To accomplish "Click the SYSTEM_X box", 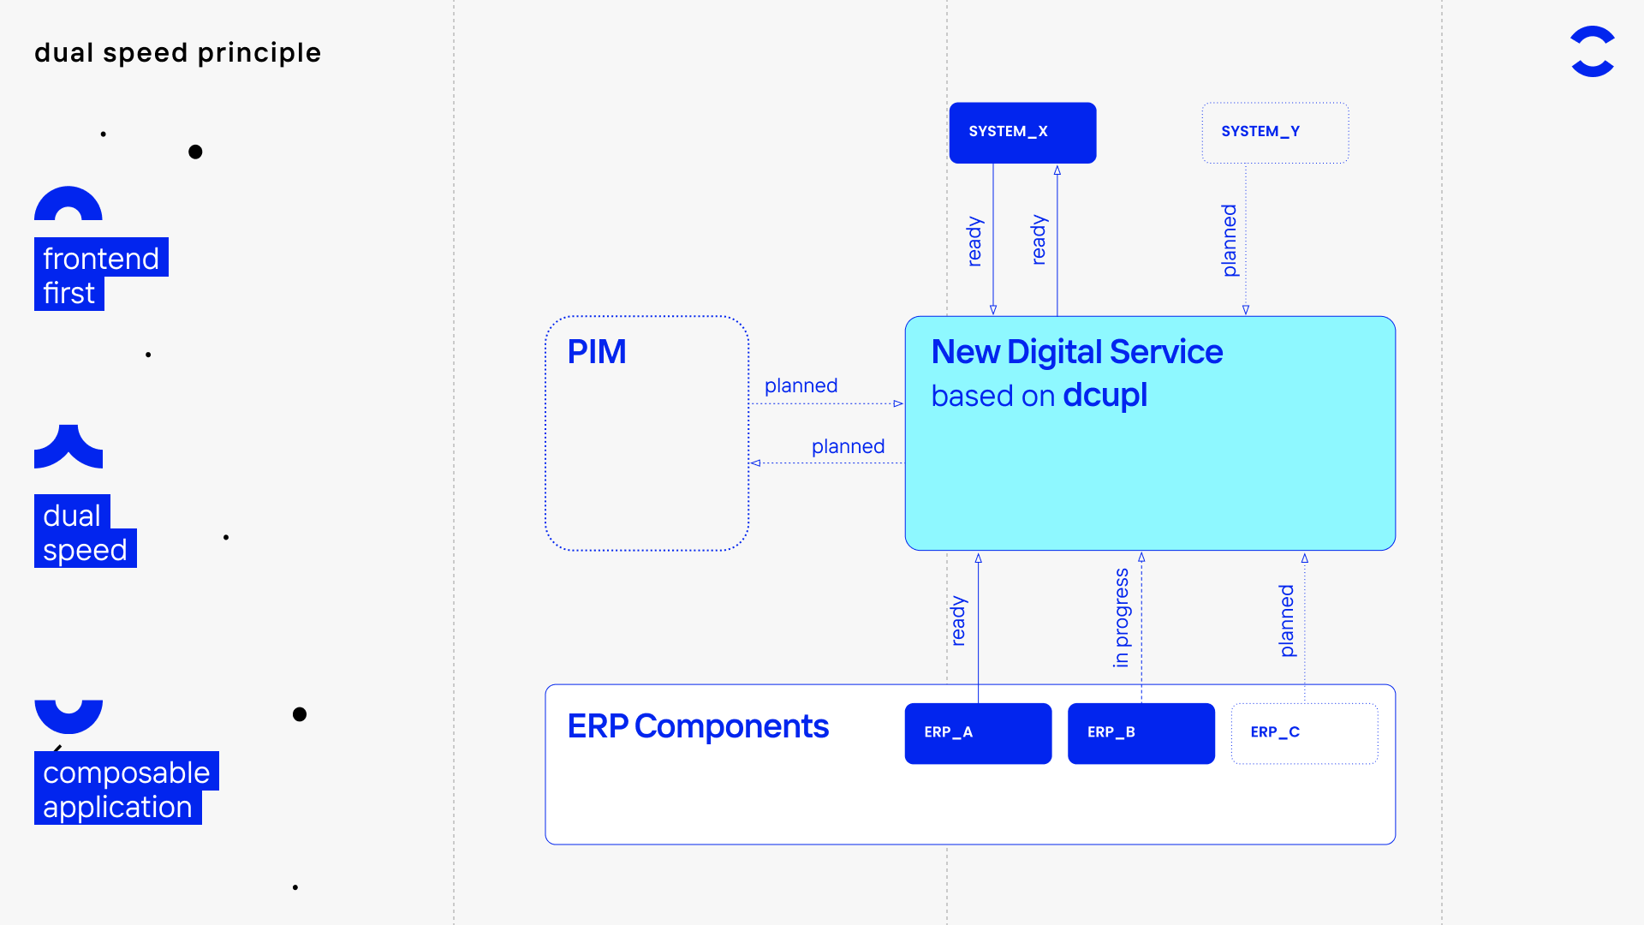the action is point(1022,133).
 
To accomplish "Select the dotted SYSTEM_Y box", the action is point(1275,133).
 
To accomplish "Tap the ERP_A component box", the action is point(978,733).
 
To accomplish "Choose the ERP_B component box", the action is point(1141,733).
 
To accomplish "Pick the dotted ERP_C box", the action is point(1304,733).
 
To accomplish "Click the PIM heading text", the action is point(597,352).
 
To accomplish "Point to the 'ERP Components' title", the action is point(698,726).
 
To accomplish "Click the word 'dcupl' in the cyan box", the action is point(1105,396).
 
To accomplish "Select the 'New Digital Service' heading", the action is point(1077,352).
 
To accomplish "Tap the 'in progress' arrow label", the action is point(1122,618).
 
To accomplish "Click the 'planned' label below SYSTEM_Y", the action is point(1230,241).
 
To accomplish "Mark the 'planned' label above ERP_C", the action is point(1287,621).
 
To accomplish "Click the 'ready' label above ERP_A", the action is point(959,621).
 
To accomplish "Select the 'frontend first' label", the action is point(101,274).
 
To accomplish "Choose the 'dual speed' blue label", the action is point(86,531).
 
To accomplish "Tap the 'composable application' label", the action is point(127,788).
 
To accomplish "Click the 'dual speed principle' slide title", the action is point(178,53).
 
